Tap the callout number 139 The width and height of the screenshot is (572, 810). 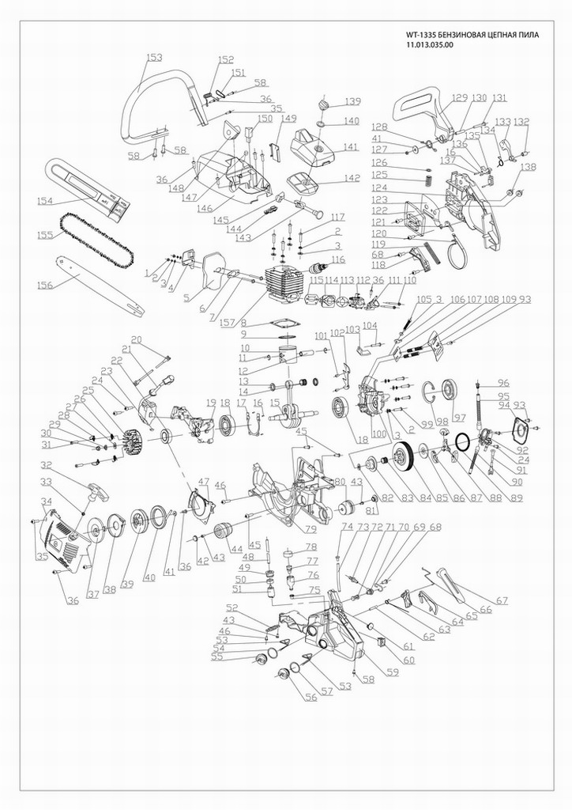pyautogui.click(x=352, y=101)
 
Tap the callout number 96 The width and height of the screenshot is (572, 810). pyautogui.click(x=503, y=384)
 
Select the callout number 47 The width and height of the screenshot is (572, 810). pyautogui.click(x=203, y=482)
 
